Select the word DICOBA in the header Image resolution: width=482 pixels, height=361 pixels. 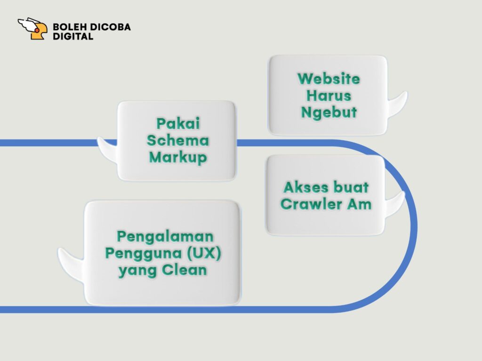tap(112, 27)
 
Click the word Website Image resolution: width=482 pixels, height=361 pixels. tap(329, 79)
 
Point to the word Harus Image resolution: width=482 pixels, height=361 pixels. tap(329, 96)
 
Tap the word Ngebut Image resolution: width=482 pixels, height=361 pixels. tap(329, 113)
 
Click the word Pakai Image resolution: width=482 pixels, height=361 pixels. tap(178, 124)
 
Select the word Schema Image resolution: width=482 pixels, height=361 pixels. tap(178, 140)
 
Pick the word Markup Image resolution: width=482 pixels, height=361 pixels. tap(178, 157)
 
